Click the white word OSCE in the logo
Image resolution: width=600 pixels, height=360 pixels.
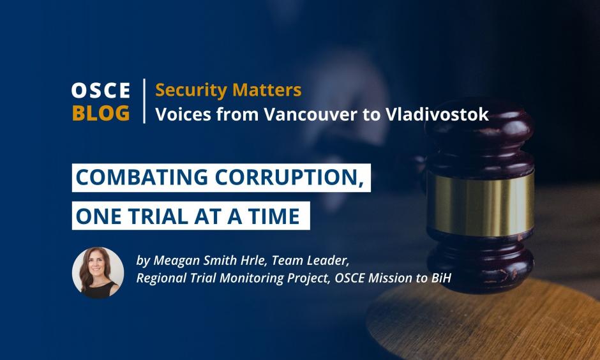click(101, 91)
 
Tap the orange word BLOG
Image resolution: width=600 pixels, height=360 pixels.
click(101, 113)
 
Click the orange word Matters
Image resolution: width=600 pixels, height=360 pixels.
click(267, 90)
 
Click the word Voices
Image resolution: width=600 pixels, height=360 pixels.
click(183, 114)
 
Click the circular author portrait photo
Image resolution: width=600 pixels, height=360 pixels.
click(98, 273)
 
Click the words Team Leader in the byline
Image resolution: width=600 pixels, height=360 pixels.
click(311, 261)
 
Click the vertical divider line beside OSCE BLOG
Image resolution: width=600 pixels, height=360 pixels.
click(144, 101)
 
